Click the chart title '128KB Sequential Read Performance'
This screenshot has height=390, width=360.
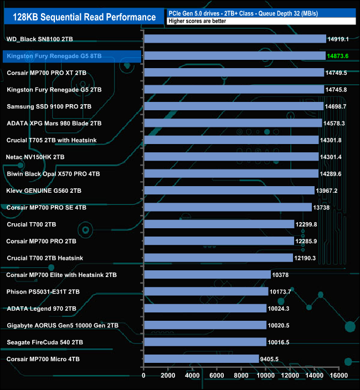(80, 17)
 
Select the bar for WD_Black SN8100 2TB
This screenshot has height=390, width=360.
(235, 39)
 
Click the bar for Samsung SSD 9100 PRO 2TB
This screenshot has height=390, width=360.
(233, 106)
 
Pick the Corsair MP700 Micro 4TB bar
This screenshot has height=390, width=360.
(201, 359)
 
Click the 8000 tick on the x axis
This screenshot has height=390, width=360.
(241, 376)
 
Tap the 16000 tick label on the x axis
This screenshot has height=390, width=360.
(338, 376)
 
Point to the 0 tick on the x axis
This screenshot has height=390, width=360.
(144, 376)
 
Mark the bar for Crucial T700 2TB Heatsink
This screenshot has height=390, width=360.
(218, 258)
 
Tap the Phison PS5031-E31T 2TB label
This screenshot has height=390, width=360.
(43, 291)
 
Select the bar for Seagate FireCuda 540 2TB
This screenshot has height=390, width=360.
(205, 342)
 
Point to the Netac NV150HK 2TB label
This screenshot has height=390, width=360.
(36, 157)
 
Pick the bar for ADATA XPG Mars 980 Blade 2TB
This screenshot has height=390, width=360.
(233, 123)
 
